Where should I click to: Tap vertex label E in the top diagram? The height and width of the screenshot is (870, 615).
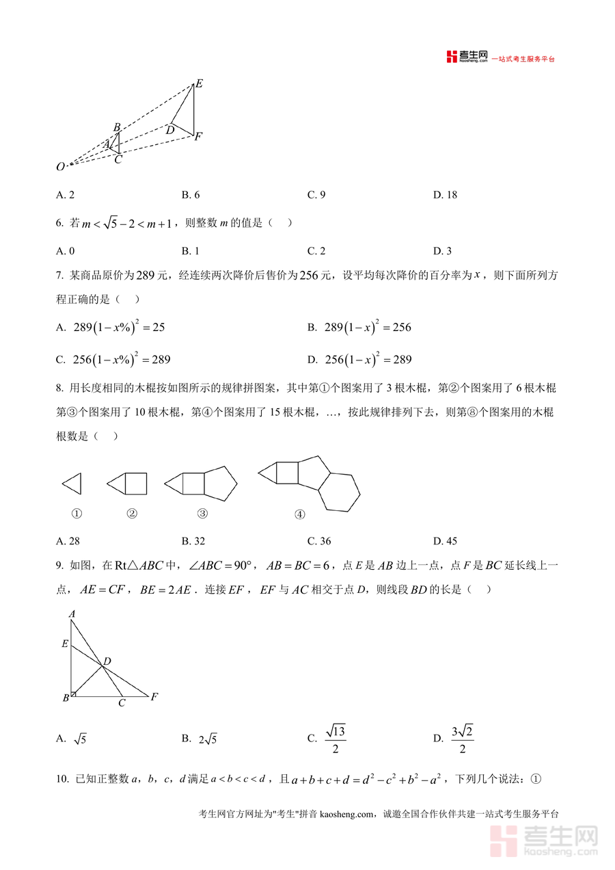pos(199,83)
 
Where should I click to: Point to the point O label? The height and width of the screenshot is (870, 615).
pos(61,166)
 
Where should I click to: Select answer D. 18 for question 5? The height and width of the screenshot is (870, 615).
pos(445,195)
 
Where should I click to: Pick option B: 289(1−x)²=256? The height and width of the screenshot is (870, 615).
pos(359,328)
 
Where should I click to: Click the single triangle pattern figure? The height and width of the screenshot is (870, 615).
pos(72,484)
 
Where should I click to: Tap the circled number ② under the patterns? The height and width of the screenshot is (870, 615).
pos(132,514)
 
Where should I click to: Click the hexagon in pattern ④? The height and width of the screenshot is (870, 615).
pos(339,491)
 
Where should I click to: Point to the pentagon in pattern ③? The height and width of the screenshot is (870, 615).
pos(220,484)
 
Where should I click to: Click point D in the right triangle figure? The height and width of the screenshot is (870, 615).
pos(107,661)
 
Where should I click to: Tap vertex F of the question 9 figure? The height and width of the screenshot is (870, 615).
pos(154,697)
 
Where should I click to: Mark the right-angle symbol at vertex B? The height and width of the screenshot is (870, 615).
pos(73,694)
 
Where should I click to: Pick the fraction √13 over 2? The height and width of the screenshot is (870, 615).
pos(336,739)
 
